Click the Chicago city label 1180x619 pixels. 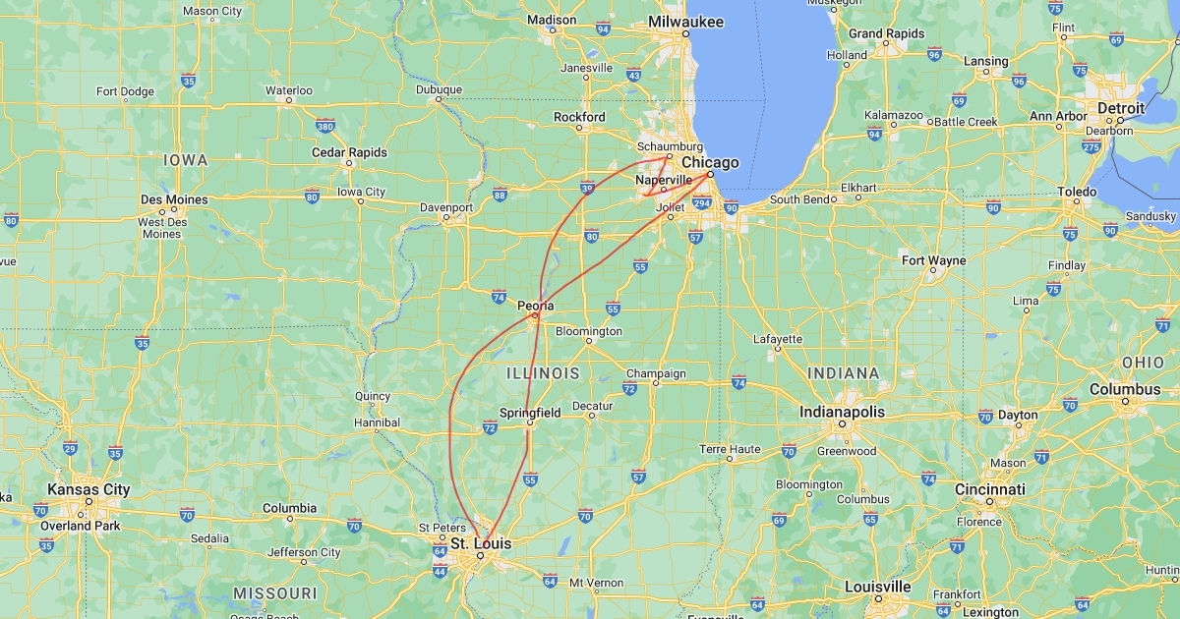(x=710, y=162)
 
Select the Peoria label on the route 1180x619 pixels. (x=536, y=306)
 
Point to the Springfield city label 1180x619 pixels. (x=530, y=413)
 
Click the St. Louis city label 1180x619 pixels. (x=481, y=543)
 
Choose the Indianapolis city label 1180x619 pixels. (x=842, y=412)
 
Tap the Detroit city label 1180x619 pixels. (x=1121, y=108)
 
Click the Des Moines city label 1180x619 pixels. (x=174, y=199)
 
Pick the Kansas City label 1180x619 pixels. (x=88, y=489)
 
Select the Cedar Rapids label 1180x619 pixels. (x=349, y=152)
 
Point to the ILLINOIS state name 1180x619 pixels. (x=543, y=373)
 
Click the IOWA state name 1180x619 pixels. (x=186, y=160)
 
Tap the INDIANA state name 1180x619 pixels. (x=843, y=373)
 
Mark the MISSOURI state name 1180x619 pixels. (x=275, y=593)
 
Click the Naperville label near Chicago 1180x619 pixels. (x=664, y=181)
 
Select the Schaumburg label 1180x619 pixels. (x=670, y=146)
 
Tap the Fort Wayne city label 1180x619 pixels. (x=933, y=260)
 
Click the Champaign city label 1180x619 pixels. (x=656, y=373)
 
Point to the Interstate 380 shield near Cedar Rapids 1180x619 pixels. (x=325, y=126)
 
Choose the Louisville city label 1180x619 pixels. (x=878, y=587)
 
